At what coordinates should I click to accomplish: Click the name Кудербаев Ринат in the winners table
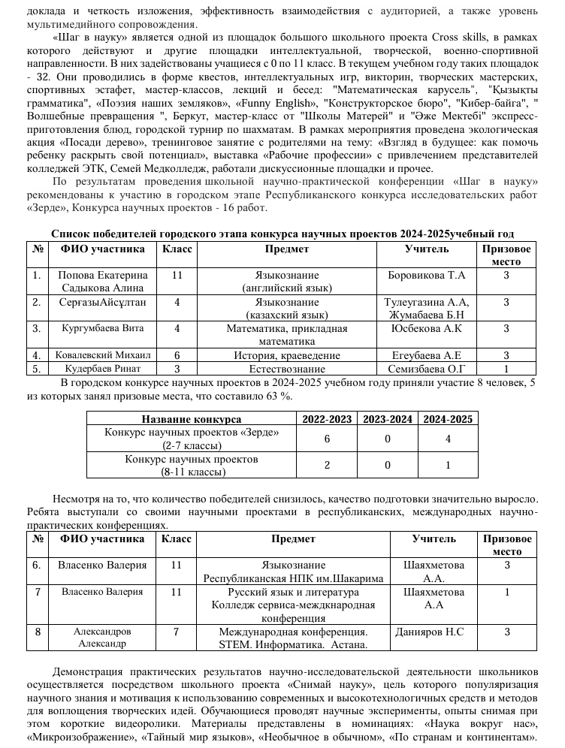103,369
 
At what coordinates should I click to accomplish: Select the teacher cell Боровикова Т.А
426,276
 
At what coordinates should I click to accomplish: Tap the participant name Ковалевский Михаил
103,355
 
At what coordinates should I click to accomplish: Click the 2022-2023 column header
327,419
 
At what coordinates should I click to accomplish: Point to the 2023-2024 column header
388,419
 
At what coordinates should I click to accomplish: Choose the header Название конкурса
192,419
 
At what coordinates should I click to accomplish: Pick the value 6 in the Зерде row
327,439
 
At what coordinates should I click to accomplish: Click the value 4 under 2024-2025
448,439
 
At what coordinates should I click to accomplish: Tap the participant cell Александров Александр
102,638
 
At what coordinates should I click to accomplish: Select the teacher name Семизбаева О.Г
427,369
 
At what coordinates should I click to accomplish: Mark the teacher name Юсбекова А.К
427,328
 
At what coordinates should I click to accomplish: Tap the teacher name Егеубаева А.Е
426,355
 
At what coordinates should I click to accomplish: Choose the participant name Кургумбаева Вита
103,328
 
